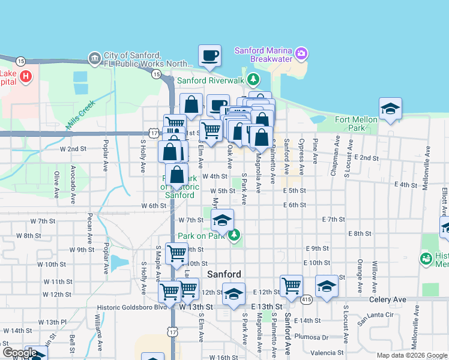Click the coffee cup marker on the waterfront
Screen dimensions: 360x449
[209, 56]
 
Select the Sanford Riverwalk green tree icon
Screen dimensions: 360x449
[254, 79]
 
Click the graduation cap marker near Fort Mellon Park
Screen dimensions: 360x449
[390, 109]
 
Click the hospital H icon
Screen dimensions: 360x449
[25, 76]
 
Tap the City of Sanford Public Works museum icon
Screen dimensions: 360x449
[94, 58]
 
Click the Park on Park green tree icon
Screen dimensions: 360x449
[235, 235]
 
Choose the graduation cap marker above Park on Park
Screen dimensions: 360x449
[221, 220]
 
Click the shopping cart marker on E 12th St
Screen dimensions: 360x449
[291, 286]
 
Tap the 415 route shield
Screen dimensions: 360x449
[307, 299]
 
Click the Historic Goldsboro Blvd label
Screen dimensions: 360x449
[131, 307]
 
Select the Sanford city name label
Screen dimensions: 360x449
[224, 274]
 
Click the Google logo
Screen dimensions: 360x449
[20, 353]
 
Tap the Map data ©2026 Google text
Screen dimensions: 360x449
[411, 355]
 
